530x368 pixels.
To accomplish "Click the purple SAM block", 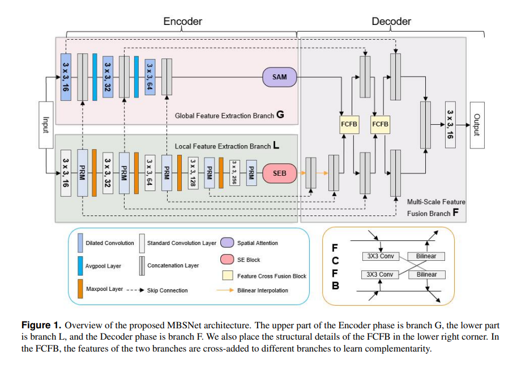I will [279, 77].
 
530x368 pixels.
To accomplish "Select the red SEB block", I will [279, 173].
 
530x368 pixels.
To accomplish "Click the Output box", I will [477, 124].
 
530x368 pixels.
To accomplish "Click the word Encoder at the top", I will [182, 22].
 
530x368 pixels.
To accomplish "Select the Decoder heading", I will [391, 22].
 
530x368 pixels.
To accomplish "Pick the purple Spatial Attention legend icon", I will [226, 243].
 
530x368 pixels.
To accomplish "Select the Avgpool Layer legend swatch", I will [79, 266].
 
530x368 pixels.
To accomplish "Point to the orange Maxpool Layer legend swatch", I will [79, 289].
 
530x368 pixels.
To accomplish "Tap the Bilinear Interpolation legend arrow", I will [225, 290].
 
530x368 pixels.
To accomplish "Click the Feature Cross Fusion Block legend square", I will [226, 276].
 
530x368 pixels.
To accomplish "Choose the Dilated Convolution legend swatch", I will [79, 243].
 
